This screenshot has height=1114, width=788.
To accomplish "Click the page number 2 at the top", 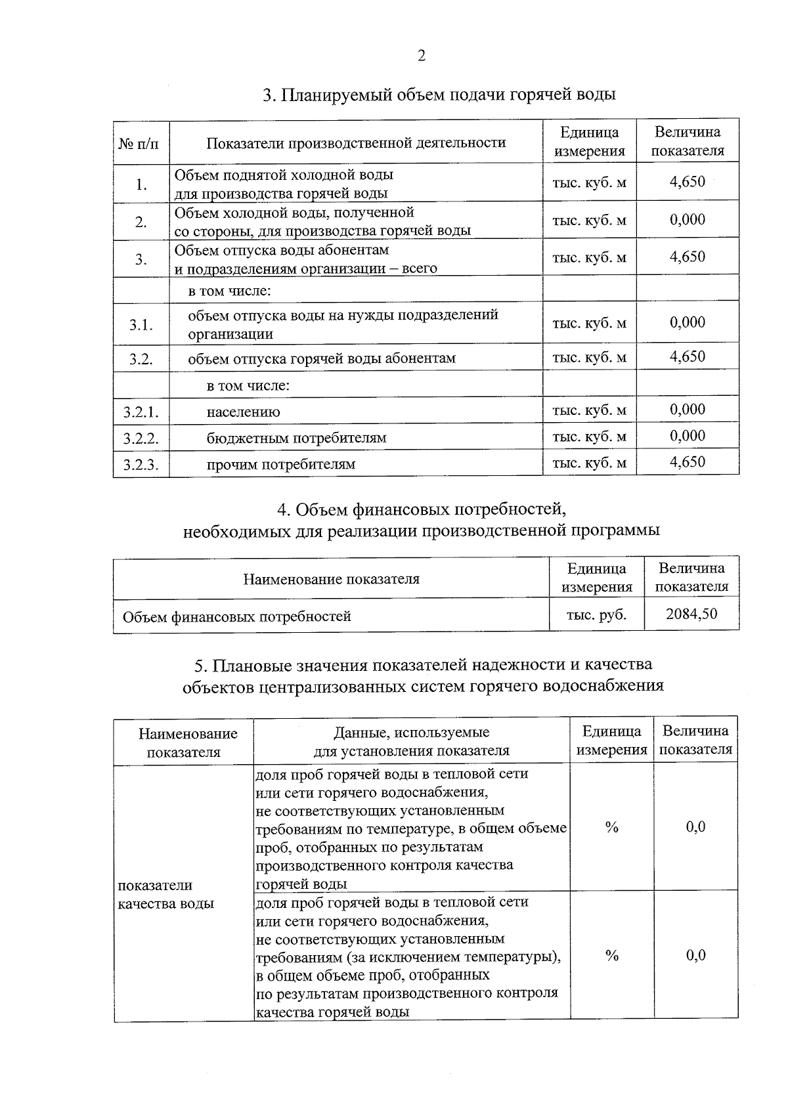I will pos(422,56).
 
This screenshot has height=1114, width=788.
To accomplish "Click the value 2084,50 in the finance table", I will pos(691,614).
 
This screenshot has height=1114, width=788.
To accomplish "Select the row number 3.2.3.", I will pos(141,465).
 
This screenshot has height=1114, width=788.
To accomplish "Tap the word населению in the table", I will pos(243,412).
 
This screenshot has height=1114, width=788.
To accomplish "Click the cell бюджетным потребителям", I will pos(296,438).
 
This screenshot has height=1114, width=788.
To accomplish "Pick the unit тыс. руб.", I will pos(596,615).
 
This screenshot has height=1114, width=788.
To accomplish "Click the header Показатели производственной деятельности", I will pos(356,142).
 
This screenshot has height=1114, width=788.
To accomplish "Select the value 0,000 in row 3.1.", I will pos(688,322).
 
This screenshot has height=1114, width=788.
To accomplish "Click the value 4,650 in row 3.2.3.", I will pos(688,462).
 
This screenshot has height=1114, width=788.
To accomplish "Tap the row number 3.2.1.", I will pos(141,412).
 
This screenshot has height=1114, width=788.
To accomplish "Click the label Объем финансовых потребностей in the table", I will pos(237,616).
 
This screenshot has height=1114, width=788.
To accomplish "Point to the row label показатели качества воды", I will pos(165,894).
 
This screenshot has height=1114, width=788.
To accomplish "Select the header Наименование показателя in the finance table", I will pos(331,579).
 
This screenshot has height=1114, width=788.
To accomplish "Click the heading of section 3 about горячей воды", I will pos(439,95).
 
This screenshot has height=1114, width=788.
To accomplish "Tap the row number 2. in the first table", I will pos(141,222).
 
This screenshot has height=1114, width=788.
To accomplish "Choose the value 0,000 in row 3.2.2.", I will pos(688,436).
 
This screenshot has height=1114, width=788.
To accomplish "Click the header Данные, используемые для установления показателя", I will pos(411,741).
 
